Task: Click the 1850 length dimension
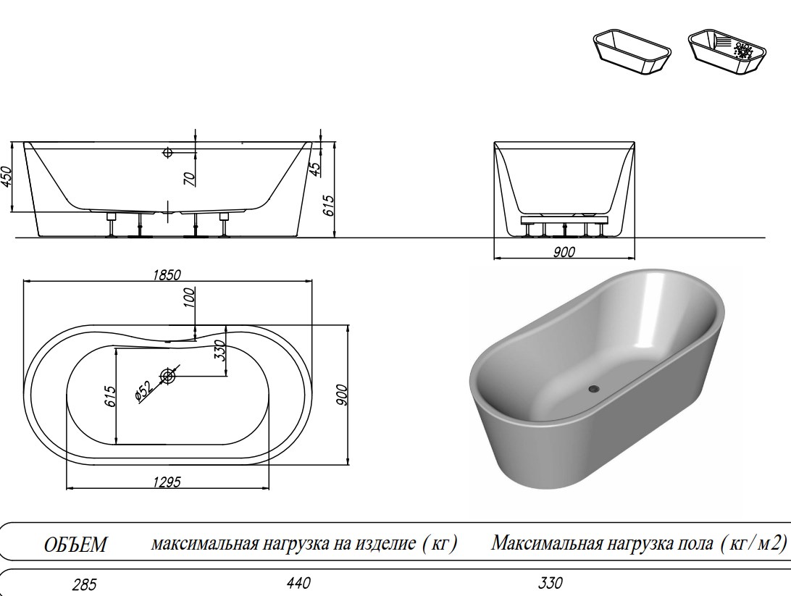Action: click(166, 274)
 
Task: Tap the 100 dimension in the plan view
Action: click(190, 298)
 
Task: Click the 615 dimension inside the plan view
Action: click(110, 395)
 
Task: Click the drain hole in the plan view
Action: click(168, 376)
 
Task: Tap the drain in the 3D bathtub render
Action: click(594, 389)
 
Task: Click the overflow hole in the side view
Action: click(167, 153)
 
